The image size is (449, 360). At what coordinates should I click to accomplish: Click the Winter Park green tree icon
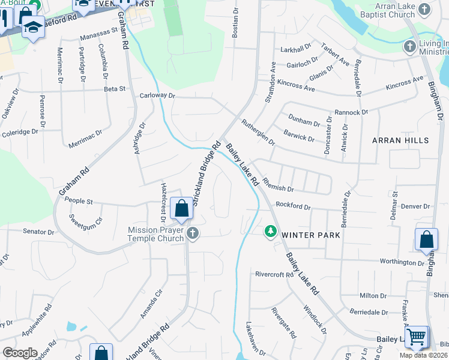(x=271, y=231)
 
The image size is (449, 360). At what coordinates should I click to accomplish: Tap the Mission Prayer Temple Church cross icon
(x=192, y=233)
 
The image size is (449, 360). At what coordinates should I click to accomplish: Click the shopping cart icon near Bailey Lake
(x=416, y=337)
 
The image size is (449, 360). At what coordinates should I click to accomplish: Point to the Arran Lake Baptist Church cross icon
(x=424, y=9)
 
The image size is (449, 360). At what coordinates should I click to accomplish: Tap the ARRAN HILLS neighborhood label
(x=400, y=140)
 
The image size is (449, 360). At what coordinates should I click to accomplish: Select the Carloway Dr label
(x=157, y=95)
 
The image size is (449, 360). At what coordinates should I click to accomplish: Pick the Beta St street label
(x=114, y=89)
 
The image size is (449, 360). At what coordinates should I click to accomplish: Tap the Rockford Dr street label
(x=293, y=207)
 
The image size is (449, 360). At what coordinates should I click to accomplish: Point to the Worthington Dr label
(x=402, y=262)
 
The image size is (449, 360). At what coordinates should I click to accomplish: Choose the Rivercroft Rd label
(x=274, y=275)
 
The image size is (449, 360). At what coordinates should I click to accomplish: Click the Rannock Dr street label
(x=351, y=112)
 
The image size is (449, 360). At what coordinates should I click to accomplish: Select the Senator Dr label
(x=38, y=231)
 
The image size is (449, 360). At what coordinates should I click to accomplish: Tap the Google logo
(x=20, y=353)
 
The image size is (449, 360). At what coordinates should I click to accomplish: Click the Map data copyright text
(x=424, y=355)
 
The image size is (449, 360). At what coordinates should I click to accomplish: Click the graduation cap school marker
(x=34, y=26)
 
